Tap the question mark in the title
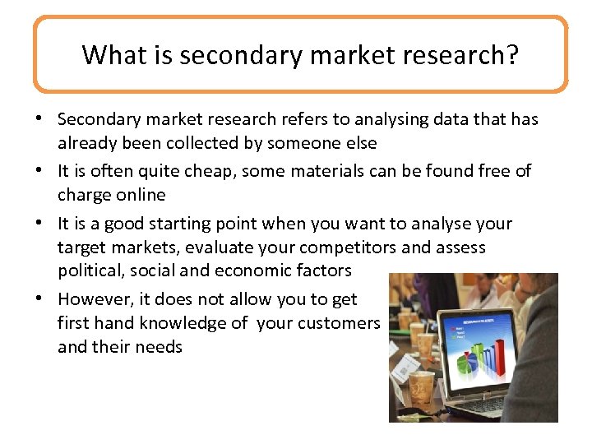point(512,55)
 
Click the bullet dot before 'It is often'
point(40,172)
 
